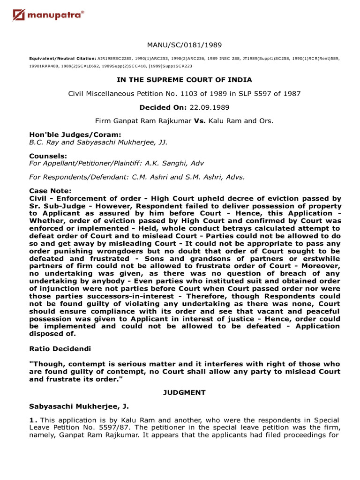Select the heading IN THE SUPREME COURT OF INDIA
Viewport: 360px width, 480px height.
point(184,80)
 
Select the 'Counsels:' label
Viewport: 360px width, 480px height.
point(48,155)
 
